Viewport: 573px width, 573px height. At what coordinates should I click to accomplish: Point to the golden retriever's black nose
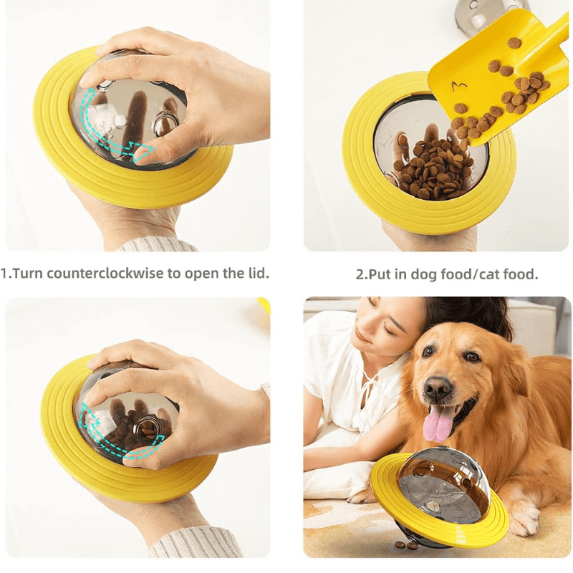(x=437, y=388)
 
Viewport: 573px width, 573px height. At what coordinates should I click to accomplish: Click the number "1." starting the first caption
(x=6, y=274)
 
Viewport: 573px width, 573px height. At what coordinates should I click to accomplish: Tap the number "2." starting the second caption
(x=362, y=274)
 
